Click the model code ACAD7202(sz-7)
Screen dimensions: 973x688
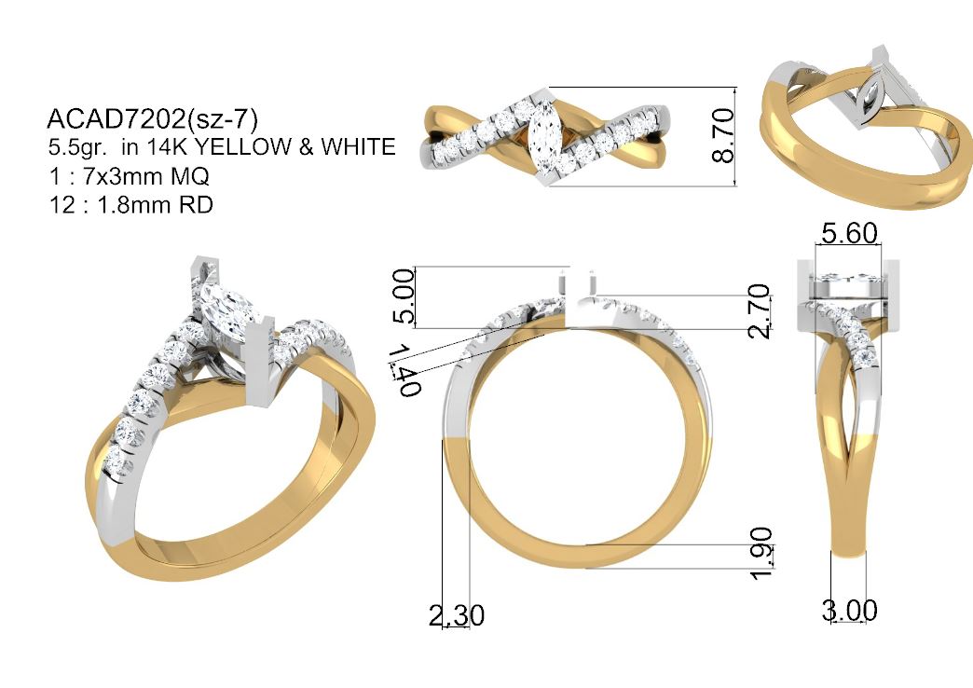(152, 118)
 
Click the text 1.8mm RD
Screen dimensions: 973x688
(155, 204)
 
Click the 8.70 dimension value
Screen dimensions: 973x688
(723, 135)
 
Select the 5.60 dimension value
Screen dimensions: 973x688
(850, 233)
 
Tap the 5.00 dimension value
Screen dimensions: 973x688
(404, 296)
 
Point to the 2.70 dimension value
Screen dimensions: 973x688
(760, 310)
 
